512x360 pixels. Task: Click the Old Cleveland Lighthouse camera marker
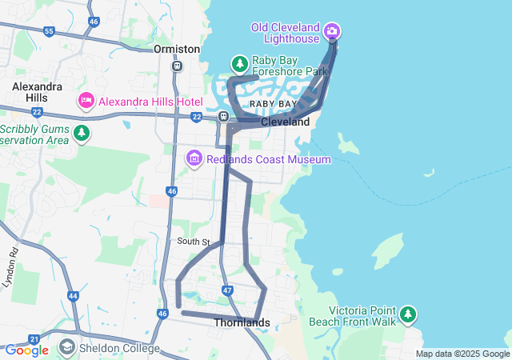pyautogui.click(x=331, y=32)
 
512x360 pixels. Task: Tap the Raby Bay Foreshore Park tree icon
pyautogui.click(x=238, y=63)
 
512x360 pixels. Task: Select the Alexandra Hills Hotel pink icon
pyautogui.click(x=86, y=102)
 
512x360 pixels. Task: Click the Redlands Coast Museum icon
pyautogui.click(x=194, y=159)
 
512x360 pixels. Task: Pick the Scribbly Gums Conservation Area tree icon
pyautogui.click(x=80, y=133)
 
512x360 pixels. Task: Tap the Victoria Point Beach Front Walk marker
pyautogui.click(x=409, y=314)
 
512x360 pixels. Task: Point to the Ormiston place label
pyautogui.click(x=177, y=49)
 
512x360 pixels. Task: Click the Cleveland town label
pyautogui.click(x=285, y=122)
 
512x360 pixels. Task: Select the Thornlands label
pyautogui.click(x=242, y=323)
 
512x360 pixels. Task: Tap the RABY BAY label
pyautogui.click(x=273, y=105)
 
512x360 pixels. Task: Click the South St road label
pyautogui.click(x=194, y=242)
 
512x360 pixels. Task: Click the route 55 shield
pyautogui.click(x=50, y=32)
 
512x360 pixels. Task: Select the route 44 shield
pyautogui.click(x=74, y=296)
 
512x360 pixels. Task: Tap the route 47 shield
pyautogui.click(x=228, y=290)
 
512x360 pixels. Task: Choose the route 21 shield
pyautogui.click(x=34, y=339)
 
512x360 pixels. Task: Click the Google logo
pyautogui.click(x=26, y=350)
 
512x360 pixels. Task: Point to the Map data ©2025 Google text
pyautogui.click(x=462, y=354)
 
